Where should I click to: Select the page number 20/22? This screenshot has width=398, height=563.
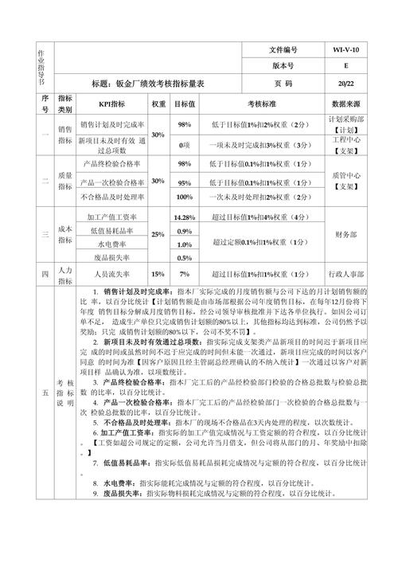(346, 82)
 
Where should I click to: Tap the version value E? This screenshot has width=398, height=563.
(346, 66)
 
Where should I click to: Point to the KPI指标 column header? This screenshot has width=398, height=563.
(111, 104)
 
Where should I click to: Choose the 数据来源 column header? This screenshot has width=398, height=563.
(346, 104)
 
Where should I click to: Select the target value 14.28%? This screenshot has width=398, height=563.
(185, 217)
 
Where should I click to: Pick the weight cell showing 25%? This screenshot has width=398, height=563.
(158, 234)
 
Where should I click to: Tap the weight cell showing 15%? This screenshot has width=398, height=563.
(158, 273)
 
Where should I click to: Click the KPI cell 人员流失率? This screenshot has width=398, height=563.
(111, 273)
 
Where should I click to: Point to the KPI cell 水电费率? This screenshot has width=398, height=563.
(111, 244)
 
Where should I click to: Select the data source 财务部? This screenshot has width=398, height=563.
(346, 234)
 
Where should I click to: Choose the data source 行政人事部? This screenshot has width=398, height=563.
(346, 273)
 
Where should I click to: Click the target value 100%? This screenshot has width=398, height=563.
(185, 197)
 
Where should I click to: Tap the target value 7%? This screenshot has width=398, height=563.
(185, 273)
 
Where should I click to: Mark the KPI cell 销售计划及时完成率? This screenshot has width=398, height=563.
(111, 124)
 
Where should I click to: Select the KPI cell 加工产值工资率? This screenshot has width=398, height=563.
(111, 217)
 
